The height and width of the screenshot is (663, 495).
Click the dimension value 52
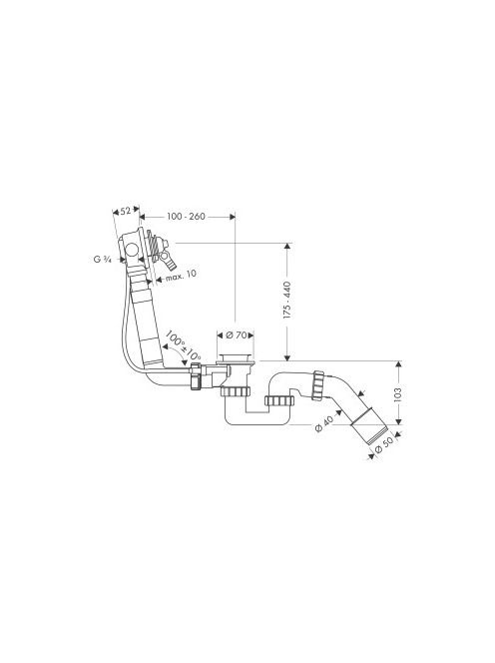126,211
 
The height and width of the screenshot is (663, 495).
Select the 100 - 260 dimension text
186,217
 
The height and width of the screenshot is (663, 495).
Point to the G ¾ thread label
102,260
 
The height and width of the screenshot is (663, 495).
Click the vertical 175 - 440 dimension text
287,300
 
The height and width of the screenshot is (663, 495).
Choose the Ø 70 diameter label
236,335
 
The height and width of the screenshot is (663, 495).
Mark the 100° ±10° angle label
183,344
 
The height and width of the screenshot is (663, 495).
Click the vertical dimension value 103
397,394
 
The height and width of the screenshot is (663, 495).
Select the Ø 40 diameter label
324,422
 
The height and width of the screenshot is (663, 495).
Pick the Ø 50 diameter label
384,444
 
